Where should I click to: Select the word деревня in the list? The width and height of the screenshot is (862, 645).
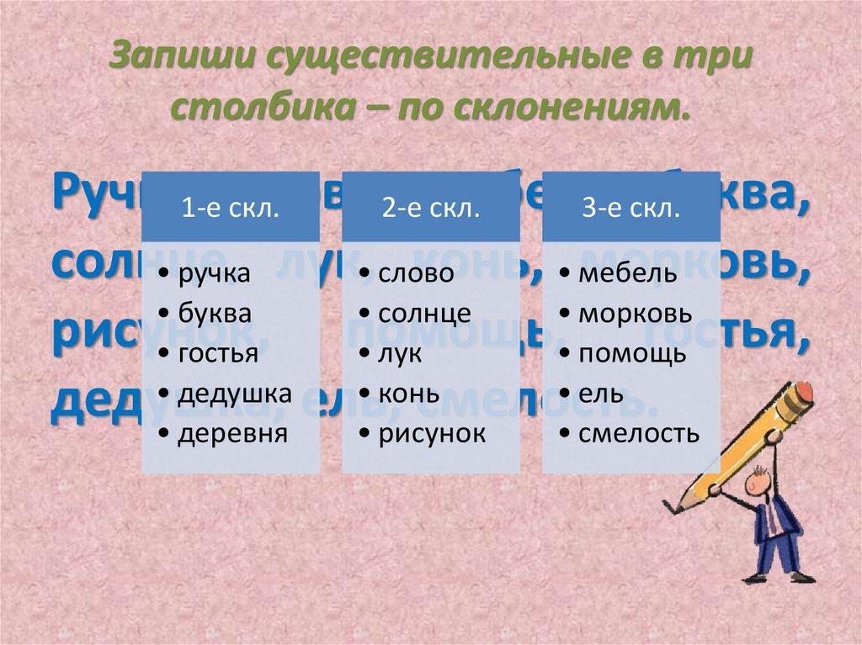click(231, 433)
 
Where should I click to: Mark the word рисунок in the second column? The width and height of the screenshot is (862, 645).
click(432, 433)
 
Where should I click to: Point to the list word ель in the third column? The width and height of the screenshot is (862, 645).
click(598, 393)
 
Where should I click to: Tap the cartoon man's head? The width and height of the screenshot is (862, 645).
click(757, 485)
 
